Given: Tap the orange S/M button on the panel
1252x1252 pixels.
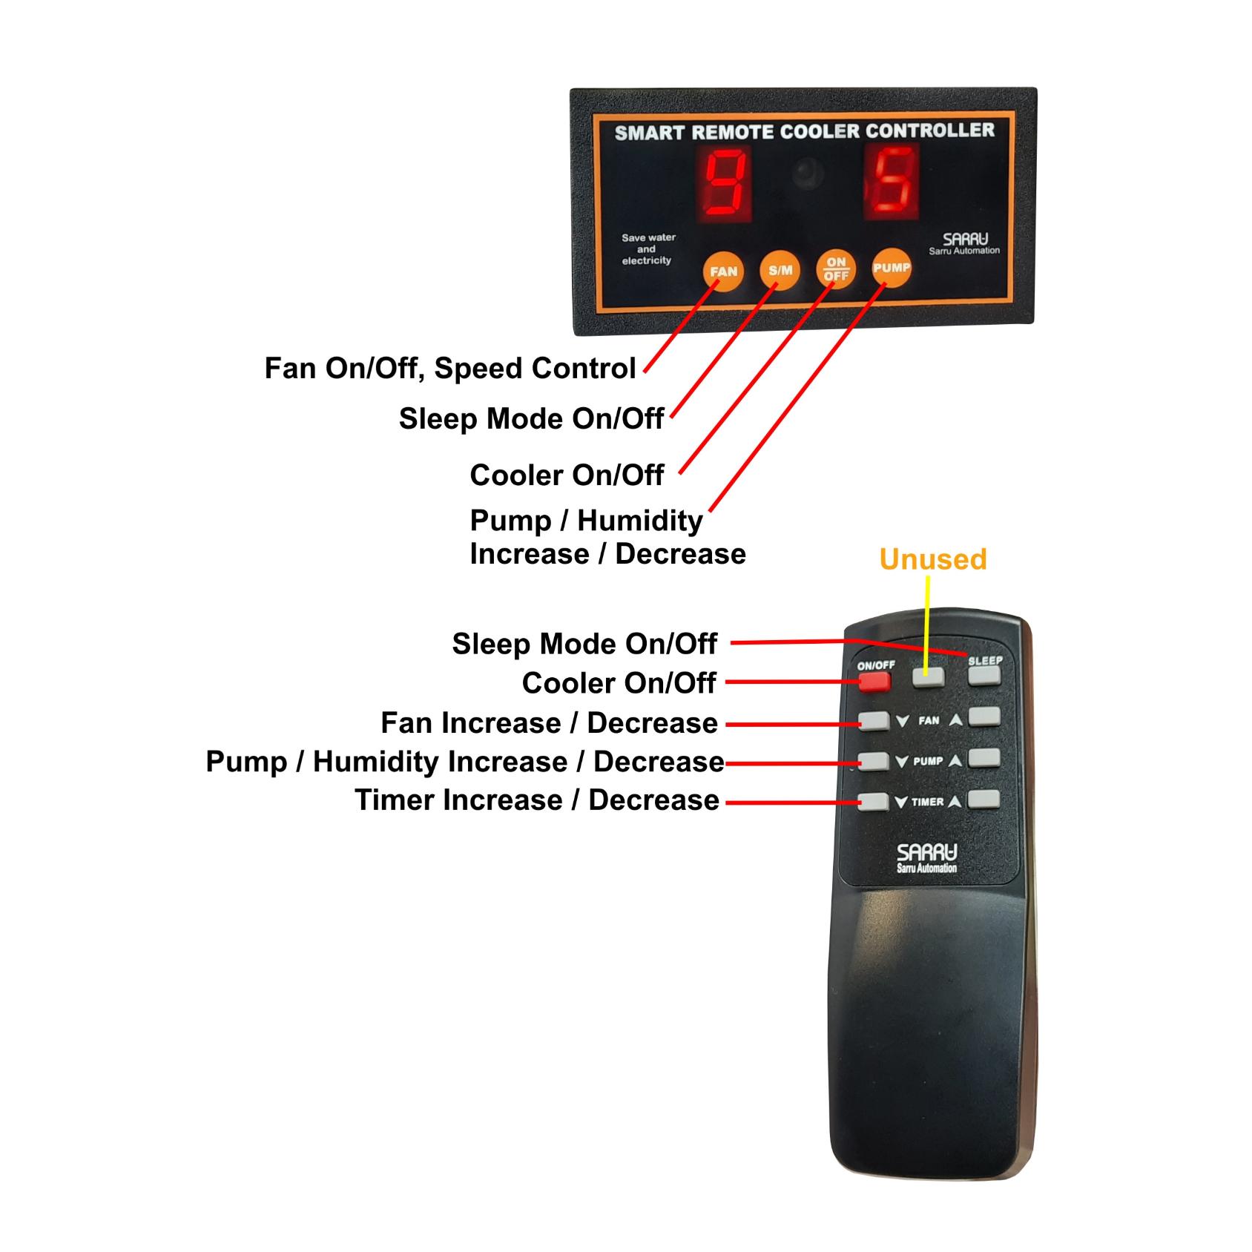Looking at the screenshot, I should (x=780, y=271).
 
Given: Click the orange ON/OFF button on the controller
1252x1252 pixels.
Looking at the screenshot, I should (x=836, y=269).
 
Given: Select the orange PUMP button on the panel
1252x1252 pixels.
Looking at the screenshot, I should (x=891, y=268).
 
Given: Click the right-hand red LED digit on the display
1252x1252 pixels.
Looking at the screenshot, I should (x=893, y=182).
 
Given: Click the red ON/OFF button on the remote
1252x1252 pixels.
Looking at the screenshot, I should (x=874, y=681).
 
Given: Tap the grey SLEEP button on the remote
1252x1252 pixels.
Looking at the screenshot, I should (x=984, y=675).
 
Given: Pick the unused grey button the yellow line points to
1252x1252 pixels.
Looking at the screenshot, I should (x=928, y=676).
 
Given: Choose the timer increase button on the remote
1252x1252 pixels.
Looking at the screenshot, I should (x=984, y=799).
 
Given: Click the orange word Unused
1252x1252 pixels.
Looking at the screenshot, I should (x=932, y=559).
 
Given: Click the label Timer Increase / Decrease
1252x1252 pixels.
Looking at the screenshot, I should (x=537, y=800).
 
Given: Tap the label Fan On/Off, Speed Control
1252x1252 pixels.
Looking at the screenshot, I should (x=450, y=369).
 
